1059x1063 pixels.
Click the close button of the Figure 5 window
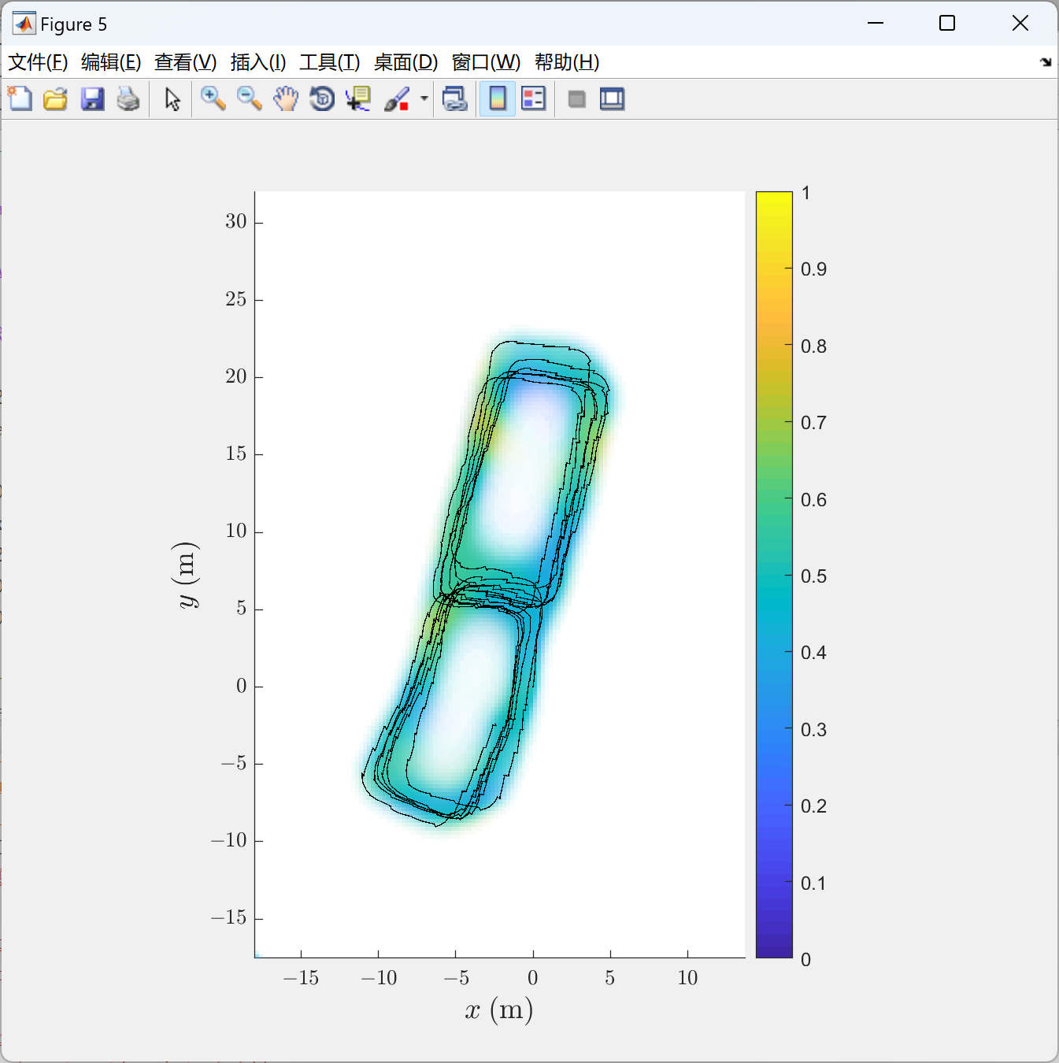tap(1020, 23)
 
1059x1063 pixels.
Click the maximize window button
tap(947, 23)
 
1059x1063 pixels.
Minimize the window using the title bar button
tap(876, 23)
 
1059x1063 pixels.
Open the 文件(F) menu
tap(38, 62)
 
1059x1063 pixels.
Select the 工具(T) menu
tap(329, 62)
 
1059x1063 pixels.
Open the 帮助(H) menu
tap(567, 62)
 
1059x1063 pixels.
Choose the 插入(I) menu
tap(258, 62)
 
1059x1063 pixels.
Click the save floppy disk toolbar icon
tap(92, 99)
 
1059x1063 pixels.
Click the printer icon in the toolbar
tap(128, 99)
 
